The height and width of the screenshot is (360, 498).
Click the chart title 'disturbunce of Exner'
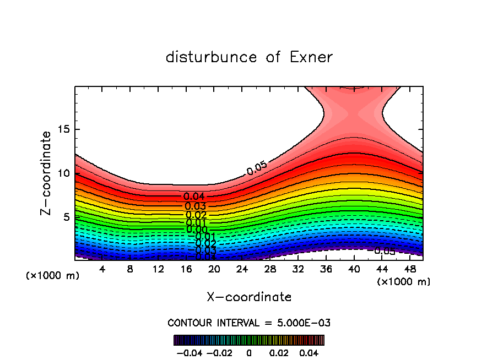coord(249,57)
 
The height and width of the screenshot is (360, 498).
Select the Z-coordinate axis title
coord(47,173)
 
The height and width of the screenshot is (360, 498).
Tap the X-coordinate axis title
coord(249,297)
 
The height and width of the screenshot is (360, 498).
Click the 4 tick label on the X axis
coord(102,269)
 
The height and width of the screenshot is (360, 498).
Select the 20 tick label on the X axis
coord(214,269)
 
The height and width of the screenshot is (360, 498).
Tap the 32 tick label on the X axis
coord(298,269)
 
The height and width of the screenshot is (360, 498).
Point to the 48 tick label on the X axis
coord(409,269)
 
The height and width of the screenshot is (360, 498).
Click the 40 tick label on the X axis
coord(354,269)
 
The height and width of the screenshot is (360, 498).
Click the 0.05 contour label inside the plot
coord(257,169)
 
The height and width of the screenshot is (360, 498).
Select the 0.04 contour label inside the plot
coord(194,197)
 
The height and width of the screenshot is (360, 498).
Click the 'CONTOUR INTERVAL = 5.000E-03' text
coord(249,323)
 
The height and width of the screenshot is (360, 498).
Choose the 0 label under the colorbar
coord(249,352)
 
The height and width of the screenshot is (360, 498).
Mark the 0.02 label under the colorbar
coord(278,352)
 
